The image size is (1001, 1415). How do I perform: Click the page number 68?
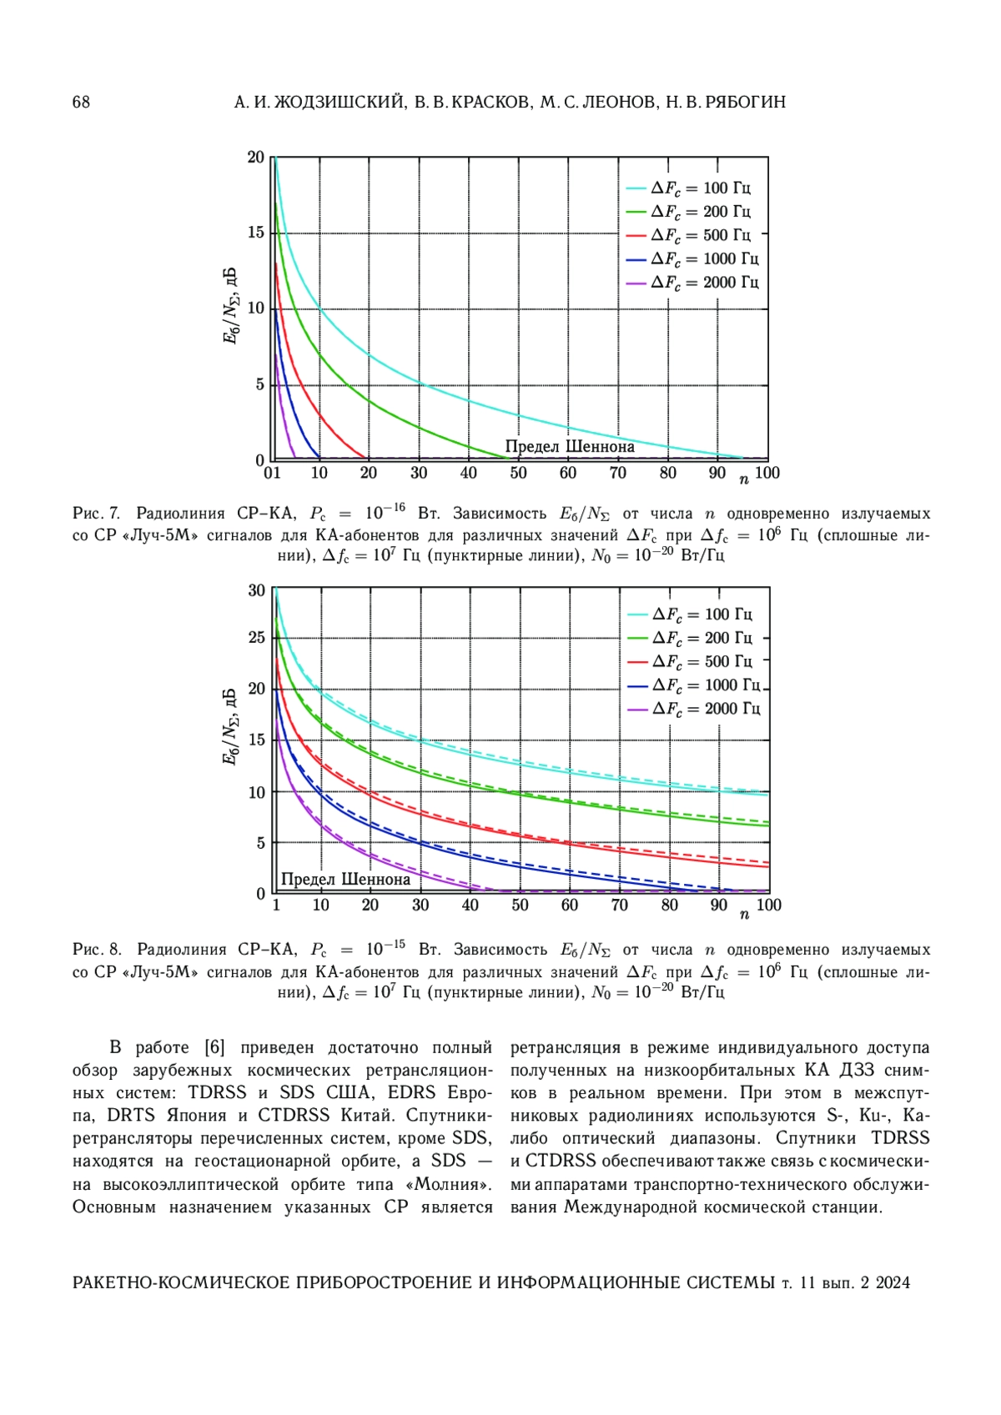82,103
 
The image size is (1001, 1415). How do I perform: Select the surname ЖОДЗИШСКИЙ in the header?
338,103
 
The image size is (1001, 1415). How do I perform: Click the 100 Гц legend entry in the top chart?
688,188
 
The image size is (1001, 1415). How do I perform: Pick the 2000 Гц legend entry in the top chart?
692,283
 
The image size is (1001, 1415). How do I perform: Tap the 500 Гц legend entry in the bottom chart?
690,661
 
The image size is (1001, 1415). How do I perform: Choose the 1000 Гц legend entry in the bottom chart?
693,685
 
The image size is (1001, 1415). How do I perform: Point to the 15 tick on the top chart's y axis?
255,233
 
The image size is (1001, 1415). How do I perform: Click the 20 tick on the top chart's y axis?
255,157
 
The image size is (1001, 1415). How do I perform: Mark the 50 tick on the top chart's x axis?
518,473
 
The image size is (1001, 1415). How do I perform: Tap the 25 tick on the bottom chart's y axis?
257,638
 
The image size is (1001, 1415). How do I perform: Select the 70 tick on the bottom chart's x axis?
619,906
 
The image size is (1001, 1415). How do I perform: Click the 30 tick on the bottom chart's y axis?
257,590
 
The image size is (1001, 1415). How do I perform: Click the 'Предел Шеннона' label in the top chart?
570,447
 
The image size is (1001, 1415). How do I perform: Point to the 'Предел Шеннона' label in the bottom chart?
345,880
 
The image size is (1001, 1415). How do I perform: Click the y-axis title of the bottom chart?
230,725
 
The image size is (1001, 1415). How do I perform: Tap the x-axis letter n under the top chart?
744,480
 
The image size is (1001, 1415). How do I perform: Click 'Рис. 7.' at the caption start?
96,514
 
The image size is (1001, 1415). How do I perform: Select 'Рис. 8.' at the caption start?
96,950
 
